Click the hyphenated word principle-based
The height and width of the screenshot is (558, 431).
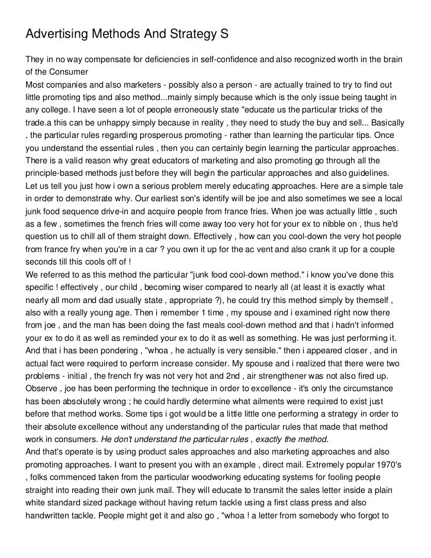click(57, 173)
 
